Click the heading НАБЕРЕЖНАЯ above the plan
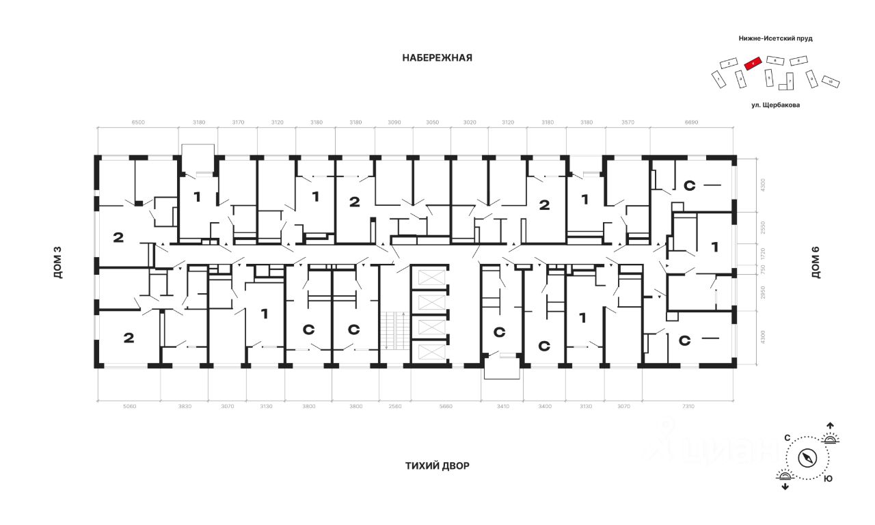(437, 58)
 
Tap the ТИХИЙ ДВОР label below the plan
(437, 466)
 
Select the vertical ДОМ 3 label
(58, 262)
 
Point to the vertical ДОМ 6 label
(815, 262)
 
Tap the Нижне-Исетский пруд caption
(775, 39)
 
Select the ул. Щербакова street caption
(775, 105)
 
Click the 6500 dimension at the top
(137, 122)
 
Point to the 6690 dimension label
(692, 122)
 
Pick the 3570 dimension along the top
(626, 122)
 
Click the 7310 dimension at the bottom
(688, 407)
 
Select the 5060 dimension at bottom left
(129, 407)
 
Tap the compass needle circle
(808, 457)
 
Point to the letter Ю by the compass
(828, 479)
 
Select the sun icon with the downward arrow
(785, 479)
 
